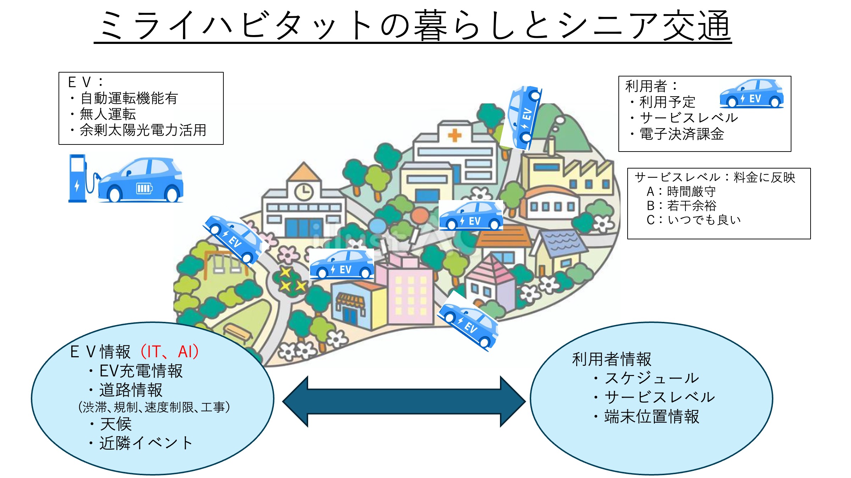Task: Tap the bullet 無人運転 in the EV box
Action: point(108,114)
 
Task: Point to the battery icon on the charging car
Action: point(144,188)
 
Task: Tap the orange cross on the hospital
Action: point(454,135)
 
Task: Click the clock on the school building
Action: point(304,192)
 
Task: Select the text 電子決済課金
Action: point(682,134)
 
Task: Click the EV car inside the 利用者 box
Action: point(751,94)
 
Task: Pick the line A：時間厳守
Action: point(681,192)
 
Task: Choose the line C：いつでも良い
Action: point(694,220)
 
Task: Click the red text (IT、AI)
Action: point(169,352)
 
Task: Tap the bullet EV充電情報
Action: point(141,371)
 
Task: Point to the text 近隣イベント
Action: point(146,443)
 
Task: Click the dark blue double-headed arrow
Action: point(404,401)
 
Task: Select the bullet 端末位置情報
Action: point(651,416)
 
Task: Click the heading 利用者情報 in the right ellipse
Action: point(612,359)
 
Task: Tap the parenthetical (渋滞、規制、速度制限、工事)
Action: point(154,407)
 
